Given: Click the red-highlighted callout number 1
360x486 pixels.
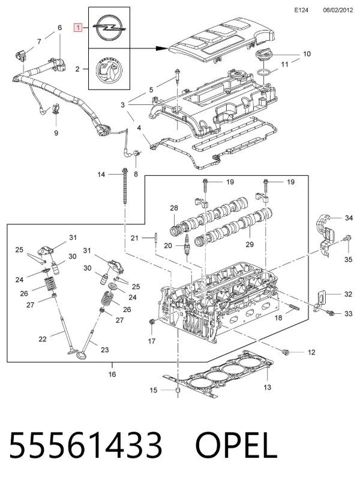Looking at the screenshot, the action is [78, 28].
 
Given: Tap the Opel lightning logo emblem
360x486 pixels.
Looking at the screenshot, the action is [109, 28].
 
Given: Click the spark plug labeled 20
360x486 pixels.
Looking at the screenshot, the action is [187, 245].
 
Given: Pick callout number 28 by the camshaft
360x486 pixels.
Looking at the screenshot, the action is [174, 208].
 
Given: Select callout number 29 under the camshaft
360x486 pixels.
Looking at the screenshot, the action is [250, 245].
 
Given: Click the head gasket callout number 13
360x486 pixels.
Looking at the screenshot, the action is [267, 387].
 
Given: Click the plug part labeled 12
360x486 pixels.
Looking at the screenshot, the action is [285, 352].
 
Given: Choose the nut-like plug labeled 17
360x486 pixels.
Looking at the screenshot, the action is [152, 322].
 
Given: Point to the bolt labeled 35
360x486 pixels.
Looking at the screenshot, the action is [348, 238].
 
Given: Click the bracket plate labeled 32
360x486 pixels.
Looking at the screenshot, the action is [321, 300].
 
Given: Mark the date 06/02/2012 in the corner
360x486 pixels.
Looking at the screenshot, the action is [338, 10].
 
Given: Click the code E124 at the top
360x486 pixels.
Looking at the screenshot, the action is [301, 10].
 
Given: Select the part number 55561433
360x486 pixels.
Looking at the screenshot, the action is [86, 445].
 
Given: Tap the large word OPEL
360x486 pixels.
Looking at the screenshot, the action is [236, 445].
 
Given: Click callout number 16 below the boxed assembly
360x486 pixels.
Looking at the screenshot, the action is [112, 374].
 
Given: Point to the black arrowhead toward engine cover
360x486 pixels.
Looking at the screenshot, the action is [162, 49].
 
